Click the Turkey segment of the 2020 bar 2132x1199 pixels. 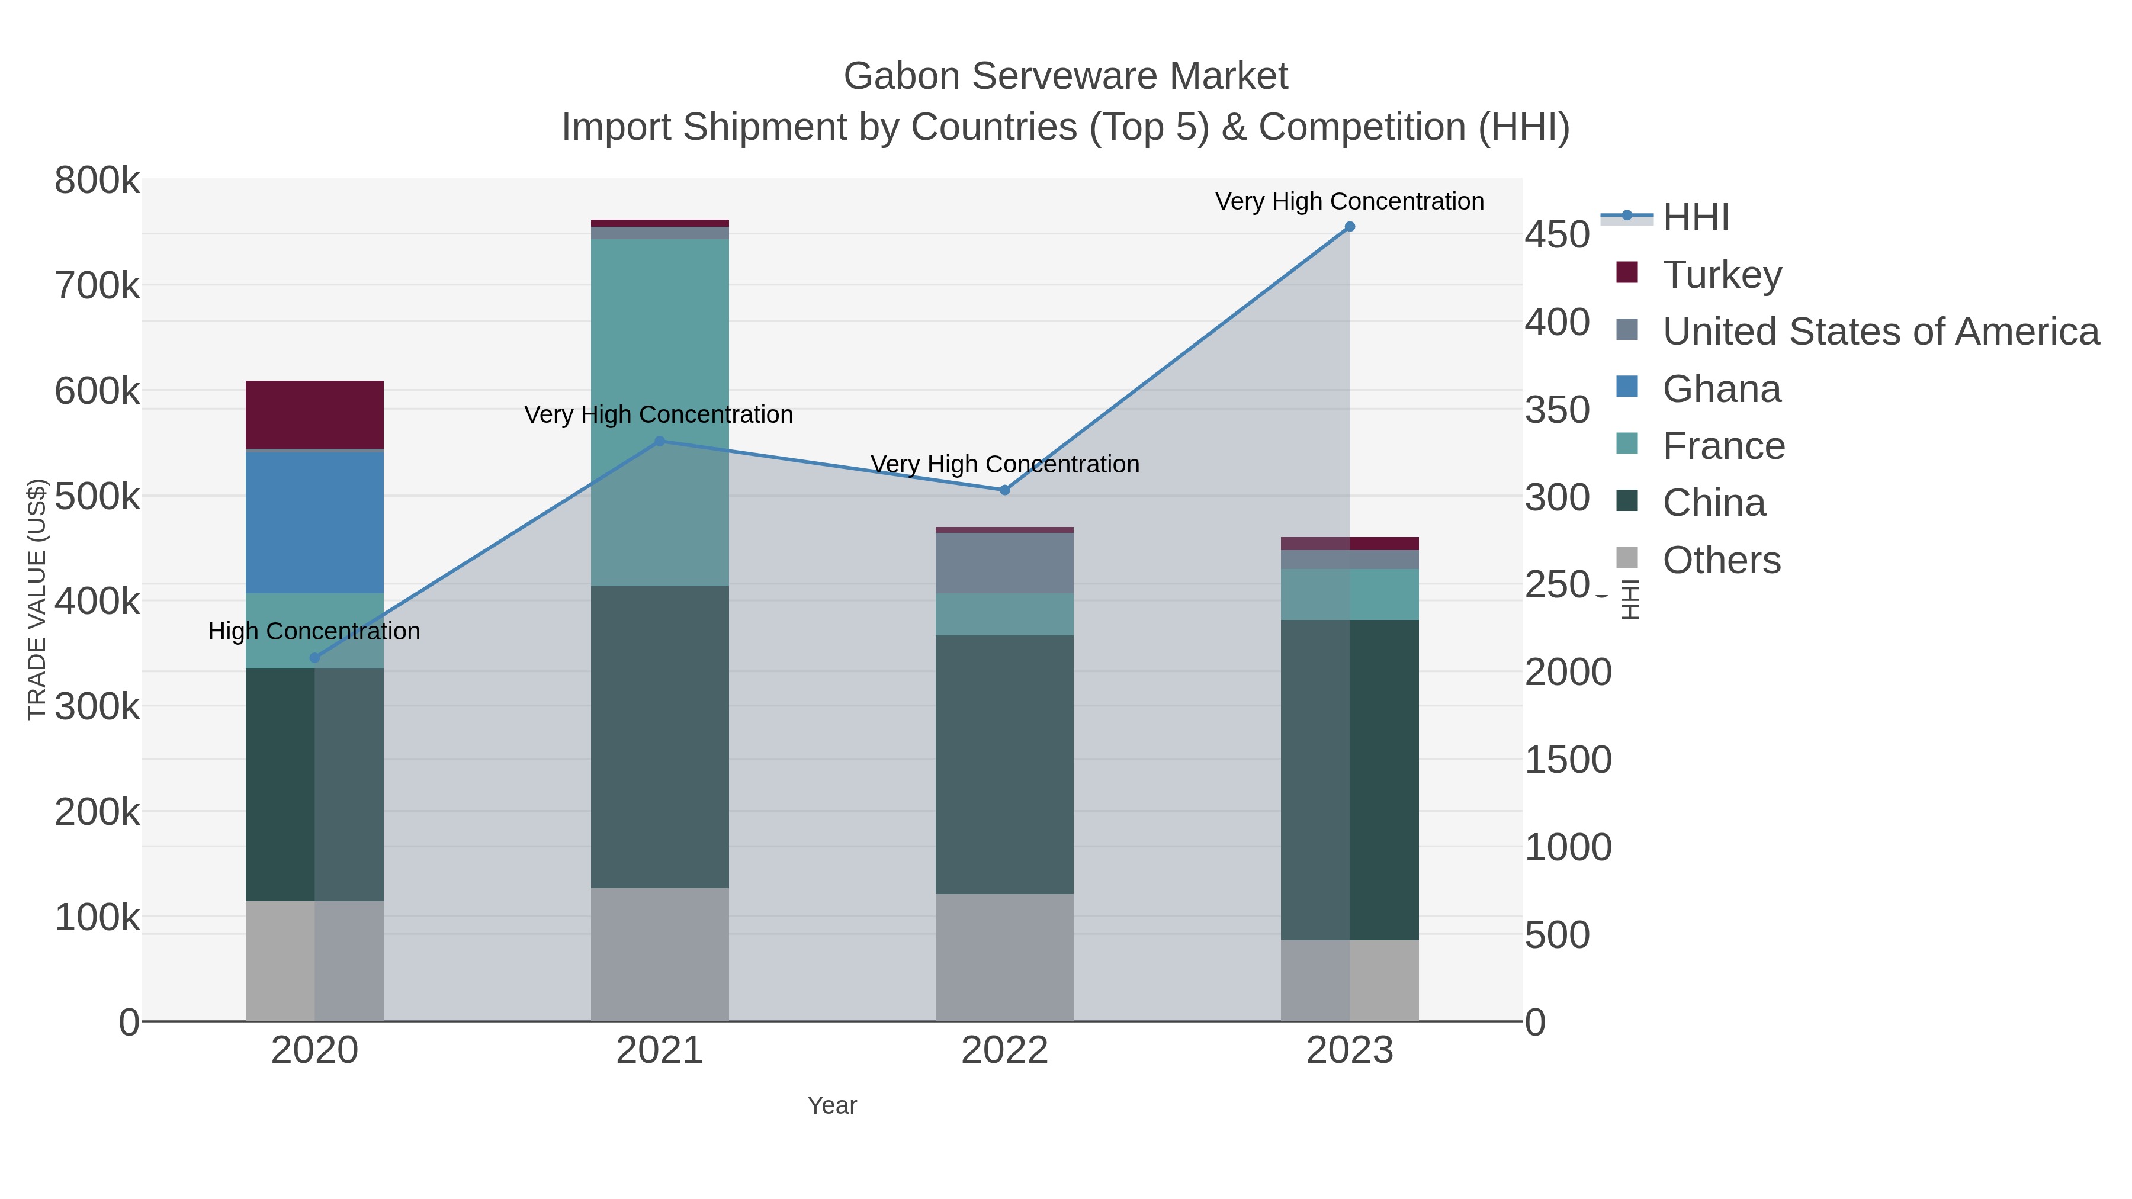[x=314, y=414]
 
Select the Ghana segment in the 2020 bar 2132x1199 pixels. [x=314, y=522]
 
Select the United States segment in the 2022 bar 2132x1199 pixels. [x=1004, y=562]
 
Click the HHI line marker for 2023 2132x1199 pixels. [x=1349, y=227]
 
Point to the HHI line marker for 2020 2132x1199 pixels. [x=314, y=658]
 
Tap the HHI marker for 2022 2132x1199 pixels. [x=1004, y=490]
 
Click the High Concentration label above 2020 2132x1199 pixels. [x=314, y=631]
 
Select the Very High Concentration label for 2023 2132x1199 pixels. [x=1349, y=201]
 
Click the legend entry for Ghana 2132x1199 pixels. [x=1722, y=389]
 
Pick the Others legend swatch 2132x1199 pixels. [x=1626, y=558]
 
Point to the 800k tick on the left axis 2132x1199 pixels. [x=97, y=181]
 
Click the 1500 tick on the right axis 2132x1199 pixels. [x=1568, y=760]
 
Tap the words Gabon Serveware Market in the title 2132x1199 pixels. [x=1065, y=76]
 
